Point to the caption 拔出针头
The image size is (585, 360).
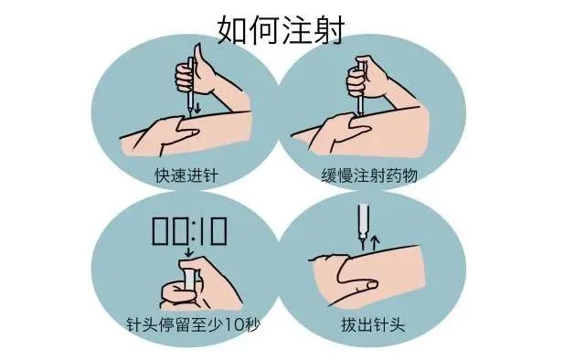(x=384, y=323)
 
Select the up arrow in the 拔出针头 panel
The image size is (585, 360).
(x=375, y=240)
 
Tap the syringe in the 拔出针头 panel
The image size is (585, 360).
(x=362, y=220)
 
